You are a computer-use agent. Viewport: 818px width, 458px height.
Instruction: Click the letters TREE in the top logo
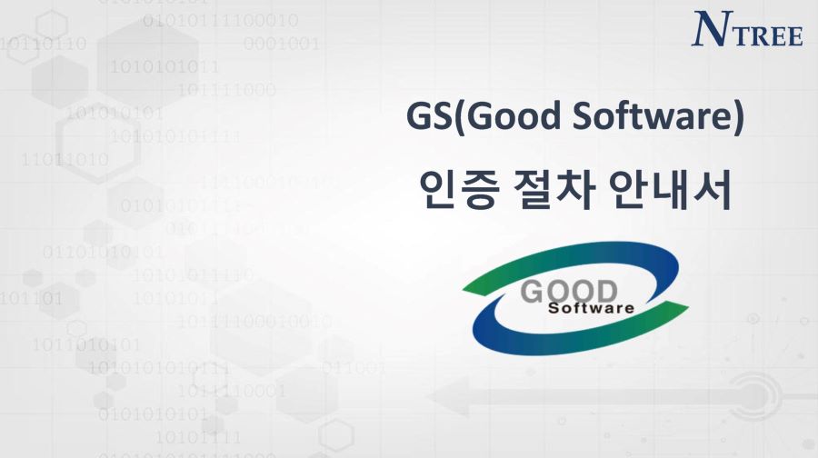[767, 35]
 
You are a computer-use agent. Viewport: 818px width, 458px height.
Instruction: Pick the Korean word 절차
[553, 189]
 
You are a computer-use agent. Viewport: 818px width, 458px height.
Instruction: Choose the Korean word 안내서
[671, 189]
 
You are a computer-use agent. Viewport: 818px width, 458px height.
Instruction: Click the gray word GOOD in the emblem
[569, 292]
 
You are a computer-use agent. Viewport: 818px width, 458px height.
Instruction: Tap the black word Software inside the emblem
[591, 308]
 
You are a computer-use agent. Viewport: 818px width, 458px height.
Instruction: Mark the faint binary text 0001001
[281, 44]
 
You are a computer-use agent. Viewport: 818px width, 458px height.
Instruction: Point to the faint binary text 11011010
[65, 159]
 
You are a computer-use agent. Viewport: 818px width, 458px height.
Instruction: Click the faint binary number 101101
[31, 299]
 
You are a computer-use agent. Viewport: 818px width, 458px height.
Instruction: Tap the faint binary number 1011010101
[86, 344]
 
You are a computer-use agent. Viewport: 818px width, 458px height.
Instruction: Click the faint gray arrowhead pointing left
[449, 397]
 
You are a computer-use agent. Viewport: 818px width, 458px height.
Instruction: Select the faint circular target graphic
[755, 395]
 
